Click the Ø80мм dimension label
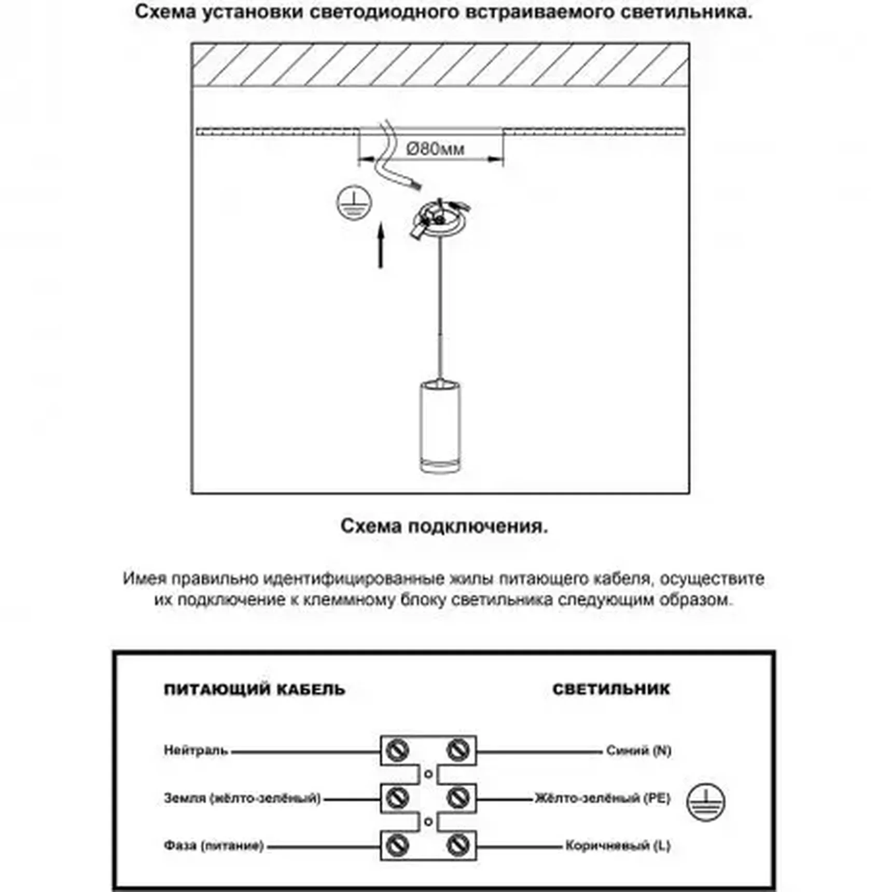(435, 149)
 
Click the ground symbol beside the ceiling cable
(354, 202)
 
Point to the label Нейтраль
(196, 750)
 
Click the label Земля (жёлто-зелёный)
(242, 798)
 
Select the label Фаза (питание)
(214, 846)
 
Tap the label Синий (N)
(638, 750)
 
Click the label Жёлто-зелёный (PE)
(603, 798)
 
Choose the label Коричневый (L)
(618, 846)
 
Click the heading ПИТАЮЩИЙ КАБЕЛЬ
(254, 689)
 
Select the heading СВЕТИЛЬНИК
(611, 689)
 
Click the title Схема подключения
(444, 526)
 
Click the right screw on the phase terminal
(457, 846)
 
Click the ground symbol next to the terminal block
(706, 802)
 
